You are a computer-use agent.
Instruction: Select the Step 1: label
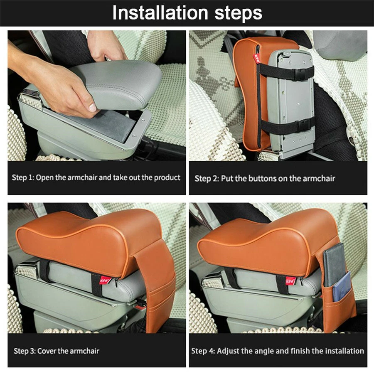point(23,177)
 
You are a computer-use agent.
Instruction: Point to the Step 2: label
point(206,179)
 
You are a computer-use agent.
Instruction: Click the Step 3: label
point(25,351)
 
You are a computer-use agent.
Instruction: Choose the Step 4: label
point(202,351)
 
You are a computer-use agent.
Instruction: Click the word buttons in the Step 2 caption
point(265,179)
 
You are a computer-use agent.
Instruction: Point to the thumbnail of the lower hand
point(92,108)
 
